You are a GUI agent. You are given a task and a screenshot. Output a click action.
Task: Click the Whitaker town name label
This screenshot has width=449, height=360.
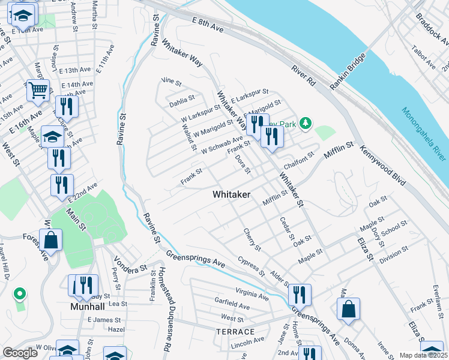pyautogui.click(x=231, y=195)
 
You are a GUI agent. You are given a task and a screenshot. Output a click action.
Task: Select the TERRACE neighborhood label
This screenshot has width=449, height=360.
pyautogui.click(x=236, y=331)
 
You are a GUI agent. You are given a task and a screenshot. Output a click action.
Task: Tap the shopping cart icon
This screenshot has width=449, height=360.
pyautogui.click(x=38, y=91)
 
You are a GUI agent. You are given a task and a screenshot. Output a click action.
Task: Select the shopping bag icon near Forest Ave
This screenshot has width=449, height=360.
pyautogui.click(x=52, y=240)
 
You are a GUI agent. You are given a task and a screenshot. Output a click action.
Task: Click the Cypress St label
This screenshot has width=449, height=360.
pyautogui.click(x=251, y=266)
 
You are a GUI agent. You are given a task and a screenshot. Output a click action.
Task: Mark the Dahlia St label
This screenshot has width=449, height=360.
pyautogui.click(x=182, y=98)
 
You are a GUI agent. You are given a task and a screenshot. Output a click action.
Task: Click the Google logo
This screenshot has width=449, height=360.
pyautogui.click(x=20, y=353)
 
